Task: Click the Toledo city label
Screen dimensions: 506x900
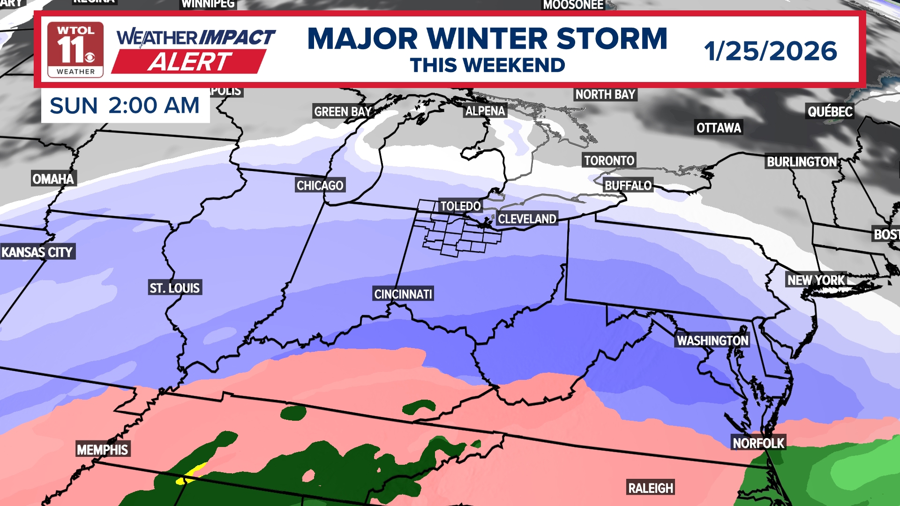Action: click(460, 206)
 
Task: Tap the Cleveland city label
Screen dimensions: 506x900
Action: click(527, 219)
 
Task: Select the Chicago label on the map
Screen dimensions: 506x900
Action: click(320, 186)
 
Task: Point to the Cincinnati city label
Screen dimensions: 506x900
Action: click(403, 294)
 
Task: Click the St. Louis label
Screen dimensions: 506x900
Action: click(175, 288)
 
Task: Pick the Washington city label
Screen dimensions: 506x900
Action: click(712, 341)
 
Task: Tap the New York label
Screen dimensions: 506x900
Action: click(816, 280)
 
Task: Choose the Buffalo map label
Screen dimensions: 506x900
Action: click(628, 186)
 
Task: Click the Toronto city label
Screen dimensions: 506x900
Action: click(609, 161)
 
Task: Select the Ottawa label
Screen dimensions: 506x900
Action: click(719, 128)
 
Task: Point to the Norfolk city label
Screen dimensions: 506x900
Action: click(758, 443)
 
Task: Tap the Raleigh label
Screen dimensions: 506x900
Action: click(651, 488)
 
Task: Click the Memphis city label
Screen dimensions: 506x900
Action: click(103, 450)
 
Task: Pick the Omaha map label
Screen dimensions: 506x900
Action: click(53, 179)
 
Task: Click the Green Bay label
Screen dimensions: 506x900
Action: click(343, 112)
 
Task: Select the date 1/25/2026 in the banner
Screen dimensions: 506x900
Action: click(770, 51)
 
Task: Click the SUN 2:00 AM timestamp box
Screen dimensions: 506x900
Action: click(125, 105)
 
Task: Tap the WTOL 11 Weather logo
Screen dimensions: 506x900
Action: click(75, 50)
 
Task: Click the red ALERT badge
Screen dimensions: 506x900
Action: click(189, 62)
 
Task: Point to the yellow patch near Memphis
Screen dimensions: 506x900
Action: click(192, 474)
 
